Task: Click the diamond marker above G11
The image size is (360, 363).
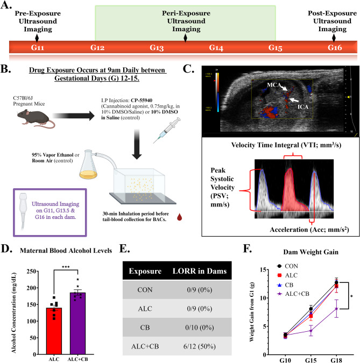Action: click(36, 38)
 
